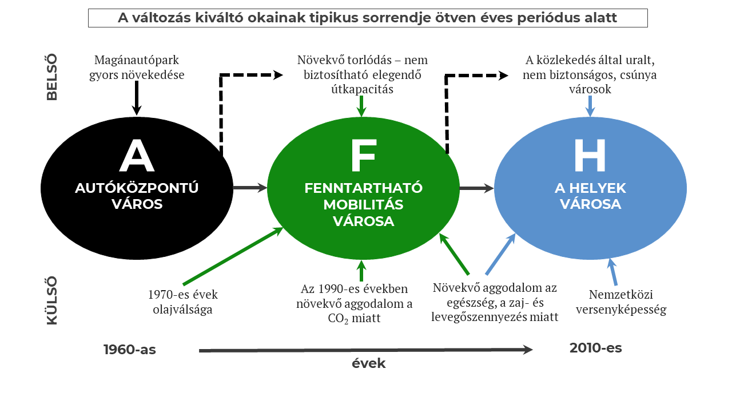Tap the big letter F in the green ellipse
(x=364, y=156)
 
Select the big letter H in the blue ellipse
(x=590, y=156)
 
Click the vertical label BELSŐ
(x=52, y=77)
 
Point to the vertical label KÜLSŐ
(x=52, y=300)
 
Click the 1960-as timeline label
(x=130, y=350)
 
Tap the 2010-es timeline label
(x=595, y=347)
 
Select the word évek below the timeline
(x=368, y=363)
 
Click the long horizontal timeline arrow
(x=366, y=350)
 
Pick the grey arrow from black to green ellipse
(x=250, y=188)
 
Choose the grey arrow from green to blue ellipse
(x=476, y=188)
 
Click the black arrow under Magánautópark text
(x=136, y=98)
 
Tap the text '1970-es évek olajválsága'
(x=183, y=302)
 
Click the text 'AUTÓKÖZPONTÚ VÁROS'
(x=137, y=196)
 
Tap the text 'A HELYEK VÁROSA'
(x=590, y=196)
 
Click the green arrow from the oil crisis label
(x=233, y=255)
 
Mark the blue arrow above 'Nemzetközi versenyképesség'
(x=612, y=271)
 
